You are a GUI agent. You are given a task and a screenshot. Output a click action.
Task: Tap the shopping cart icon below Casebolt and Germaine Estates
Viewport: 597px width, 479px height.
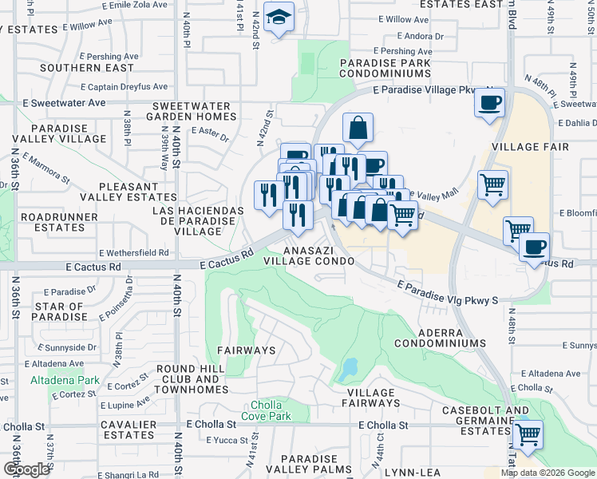click(527, 435)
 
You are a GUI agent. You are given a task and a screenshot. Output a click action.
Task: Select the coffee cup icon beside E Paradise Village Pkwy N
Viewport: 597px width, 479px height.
click(489, 103)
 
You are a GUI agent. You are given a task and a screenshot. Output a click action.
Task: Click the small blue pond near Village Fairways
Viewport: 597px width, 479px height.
click(349, 369)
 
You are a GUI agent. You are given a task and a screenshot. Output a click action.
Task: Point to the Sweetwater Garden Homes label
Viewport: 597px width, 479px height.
click(194, 111)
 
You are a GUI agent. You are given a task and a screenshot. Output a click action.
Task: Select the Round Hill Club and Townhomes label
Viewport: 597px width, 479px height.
click(192, 374)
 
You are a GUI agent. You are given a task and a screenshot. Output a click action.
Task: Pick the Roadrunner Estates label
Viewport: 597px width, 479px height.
click(53, 222)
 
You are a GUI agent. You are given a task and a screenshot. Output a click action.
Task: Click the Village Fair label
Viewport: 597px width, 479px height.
click(531, 147)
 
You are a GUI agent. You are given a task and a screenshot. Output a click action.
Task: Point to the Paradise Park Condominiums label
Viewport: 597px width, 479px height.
click(385, 68)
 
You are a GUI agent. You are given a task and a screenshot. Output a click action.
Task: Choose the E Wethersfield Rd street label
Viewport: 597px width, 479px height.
click(133, 252)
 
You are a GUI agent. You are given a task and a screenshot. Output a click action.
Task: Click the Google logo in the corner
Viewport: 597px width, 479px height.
click(26, 469)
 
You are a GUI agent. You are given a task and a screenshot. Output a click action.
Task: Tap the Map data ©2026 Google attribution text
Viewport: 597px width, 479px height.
click(547, 473)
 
